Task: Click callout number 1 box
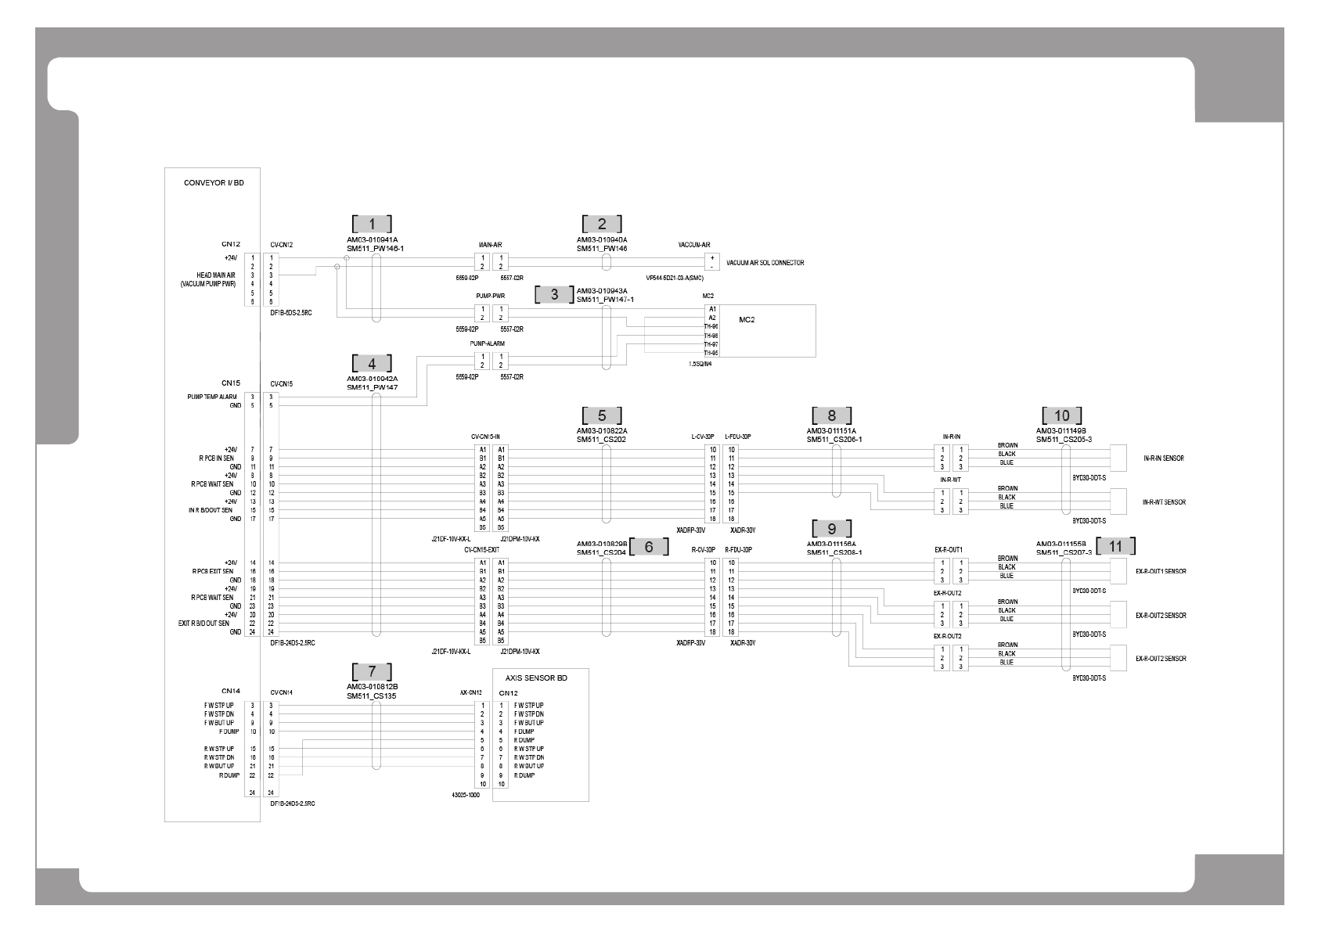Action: [x=372, y=224]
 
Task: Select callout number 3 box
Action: [x=555, y=295]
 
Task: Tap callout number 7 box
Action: [x=372, y=671]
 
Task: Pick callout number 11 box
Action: [x=1115, y=546]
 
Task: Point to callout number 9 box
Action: [x=832, y=529]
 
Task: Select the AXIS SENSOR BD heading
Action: [x=541, y=678]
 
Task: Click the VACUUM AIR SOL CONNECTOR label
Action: [x=765, y=263]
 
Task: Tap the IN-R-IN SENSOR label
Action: [x=1163, y=458]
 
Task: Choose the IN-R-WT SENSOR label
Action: [x=1163, y=502]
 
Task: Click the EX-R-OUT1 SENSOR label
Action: [x=1161, y=572]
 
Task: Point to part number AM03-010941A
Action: [x=372, y=240]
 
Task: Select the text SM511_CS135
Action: [x=372, y=696]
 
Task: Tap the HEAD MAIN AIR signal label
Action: [x=216, y=275]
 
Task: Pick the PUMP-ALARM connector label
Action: [x=487, y=343]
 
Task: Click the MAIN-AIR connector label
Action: [x=490, y=245]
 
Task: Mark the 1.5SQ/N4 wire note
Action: [x=700, y=364]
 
